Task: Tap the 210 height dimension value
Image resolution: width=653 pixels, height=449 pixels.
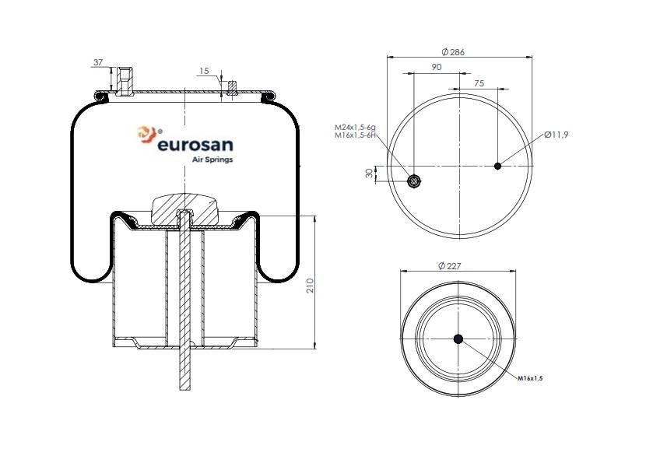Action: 310,285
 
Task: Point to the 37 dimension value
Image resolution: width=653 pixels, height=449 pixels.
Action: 97,62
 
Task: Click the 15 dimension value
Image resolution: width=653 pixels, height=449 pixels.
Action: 204,71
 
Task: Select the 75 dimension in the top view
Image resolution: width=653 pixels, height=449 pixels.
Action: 479,82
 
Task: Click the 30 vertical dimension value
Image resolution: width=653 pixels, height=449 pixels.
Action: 370,174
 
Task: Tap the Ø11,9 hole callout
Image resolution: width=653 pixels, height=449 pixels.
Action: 555,135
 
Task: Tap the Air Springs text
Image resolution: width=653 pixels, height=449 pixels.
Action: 212,160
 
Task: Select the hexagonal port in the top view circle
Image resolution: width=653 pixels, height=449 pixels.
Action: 414,182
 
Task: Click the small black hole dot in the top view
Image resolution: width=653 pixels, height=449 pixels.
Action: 498,165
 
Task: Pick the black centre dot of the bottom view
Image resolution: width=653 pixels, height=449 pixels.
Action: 458,339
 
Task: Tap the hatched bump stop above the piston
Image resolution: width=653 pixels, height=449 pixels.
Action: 184,206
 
